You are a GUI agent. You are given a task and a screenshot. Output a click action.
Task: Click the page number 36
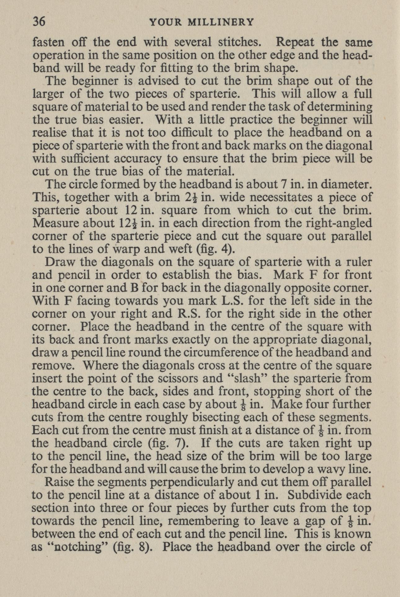pyautogui.click(x=39, y=22)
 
